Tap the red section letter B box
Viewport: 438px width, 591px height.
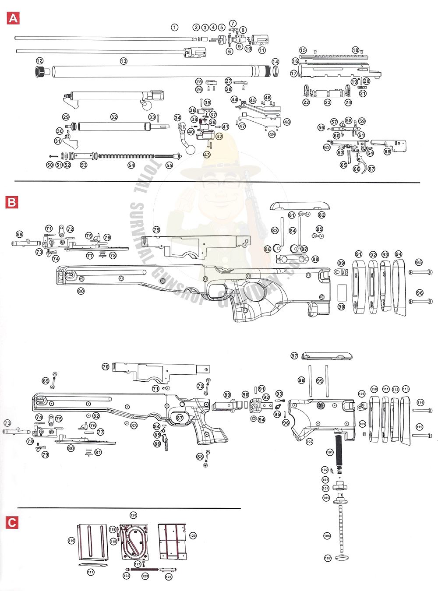[x=12, y=202]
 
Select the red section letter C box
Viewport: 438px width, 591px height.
[x=12, y=522]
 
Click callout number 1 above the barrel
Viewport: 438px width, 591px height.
[x=175, y=27]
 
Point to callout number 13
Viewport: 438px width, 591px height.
[x=124, y=61]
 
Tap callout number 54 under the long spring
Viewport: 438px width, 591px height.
[x=131, y=165]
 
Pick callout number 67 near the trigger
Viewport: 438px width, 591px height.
[x=371, y=169]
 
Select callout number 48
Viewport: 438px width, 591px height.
[x=287, y=122]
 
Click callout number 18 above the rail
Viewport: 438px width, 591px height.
[x=355, y=50]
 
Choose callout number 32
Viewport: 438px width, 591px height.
[x=114, y=117]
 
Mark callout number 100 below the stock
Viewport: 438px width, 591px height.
[x=309, y=442]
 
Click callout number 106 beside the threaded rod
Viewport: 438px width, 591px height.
[x=327, y=535]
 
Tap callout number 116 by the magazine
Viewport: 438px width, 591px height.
[x=71, y=541]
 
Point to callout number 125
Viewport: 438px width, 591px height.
[x=193, y=535]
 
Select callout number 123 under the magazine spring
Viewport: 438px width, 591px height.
[x=145, y=576]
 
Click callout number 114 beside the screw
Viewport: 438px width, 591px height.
[x=420, y=402]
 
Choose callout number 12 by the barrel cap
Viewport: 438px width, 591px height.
[x=40, y=61]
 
